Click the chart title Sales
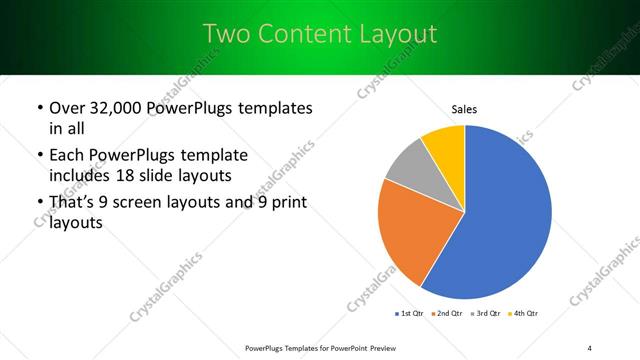point(464,108)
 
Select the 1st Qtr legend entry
point(411,315)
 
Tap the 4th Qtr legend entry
point(525,315)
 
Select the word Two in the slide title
point(225,33)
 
